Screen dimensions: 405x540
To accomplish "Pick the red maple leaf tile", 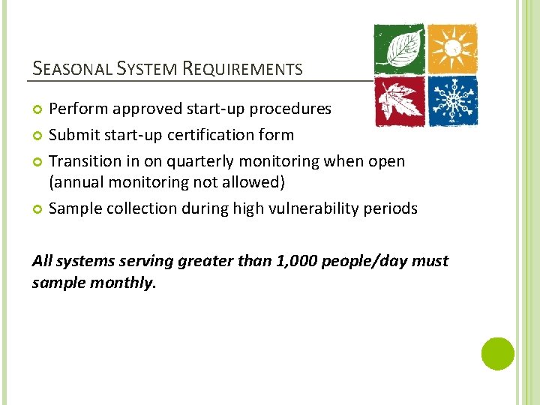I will point(399,101).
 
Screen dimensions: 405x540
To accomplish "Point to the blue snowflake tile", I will point(452,101).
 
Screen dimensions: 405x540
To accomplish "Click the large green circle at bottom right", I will point(498,353).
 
